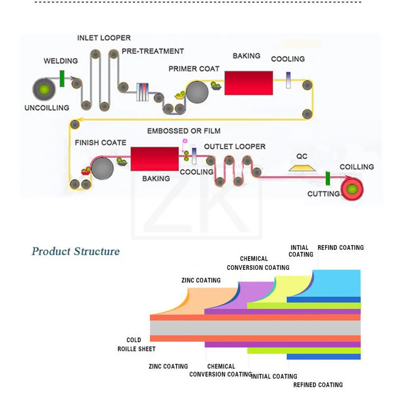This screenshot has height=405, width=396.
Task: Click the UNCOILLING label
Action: point(47,108)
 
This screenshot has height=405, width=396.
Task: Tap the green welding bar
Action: point(62,79)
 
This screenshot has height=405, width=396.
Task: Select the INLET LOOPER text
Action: point(104,38)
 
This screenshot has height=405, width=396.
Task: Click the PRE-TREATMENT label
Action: point(153,51)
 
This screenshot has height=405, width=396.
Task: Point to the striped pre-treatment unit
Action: point(143,92)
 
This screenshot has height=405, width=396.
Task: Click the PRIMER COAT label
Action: point(194,69)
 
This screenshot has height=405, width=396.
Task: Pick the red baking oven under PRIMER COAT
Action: point(249,83)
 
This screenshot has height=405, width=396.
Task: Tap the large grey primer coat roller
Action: point(197,92)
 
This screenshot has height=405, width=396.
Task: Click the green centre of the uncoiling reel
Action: point(44,90)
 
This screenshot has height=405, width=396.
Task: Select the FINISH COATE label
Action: point(100,143)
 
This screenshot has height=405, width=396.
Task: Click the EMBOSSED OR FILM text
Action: point(184,131)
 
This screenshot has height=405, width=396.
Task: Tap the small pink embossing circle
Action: point(185,141)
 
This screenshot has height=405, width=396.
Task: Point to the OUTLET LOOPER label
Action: point(234,147)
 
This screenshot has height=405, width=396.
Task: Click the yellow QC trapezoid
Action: point(302,168)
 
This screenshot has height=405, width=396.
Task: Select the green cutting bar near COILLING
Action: point(328,178)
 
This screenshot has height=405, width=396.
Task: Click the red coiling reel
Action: point(352,190)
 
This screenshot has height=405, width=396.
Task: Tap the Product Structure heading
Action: point(76,251)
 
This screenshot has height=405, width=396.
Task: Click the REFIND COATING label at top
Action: point(341,248)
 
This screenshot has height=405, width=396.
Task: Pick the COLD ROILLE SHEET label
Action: point(136,344)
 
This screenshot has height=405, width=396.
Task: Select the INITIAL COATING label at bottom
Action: point(275,376)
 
